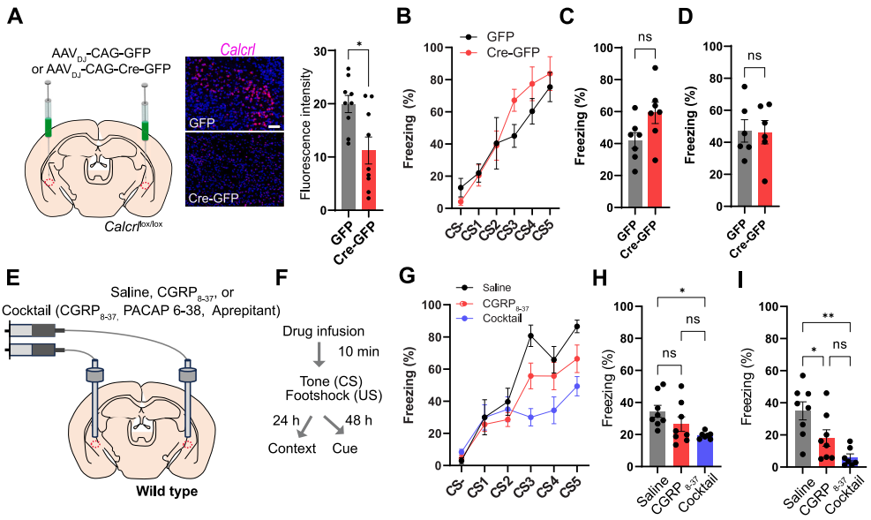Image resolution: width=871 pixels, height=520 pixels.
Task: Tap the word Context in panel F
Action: click(x=293, y=449)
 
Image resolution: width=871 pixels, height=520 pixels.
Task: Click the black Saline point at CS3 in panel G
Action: click(x=531, y=335)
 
